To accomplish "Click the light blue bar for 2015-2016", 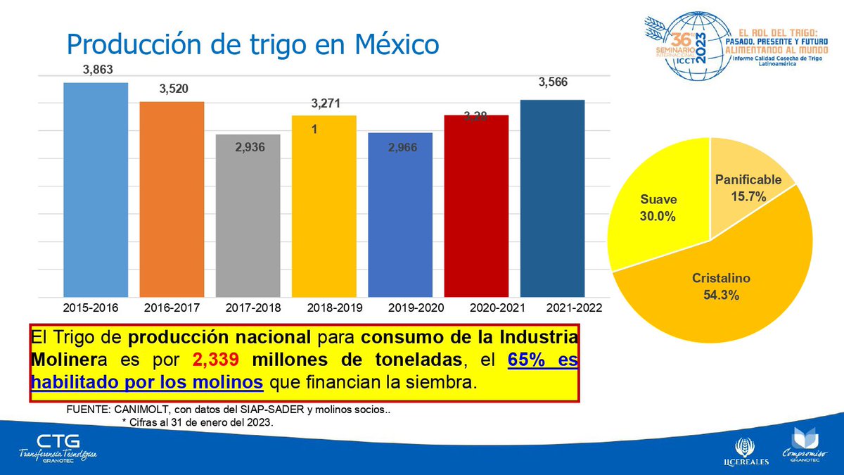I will [x=96, y=190].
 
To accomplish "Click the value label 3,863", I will [x=97, y=70].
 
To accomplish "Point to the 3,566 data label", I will [x=553, y=82].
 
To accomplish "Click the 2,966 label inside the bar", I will [x=400, y=148].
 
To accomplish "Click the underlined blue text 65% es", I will [x=542, y=360].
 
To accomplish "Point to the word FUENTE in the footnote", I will [x=86, y=410].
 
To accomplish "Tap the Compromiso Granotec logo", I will [x=803, y=446].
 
